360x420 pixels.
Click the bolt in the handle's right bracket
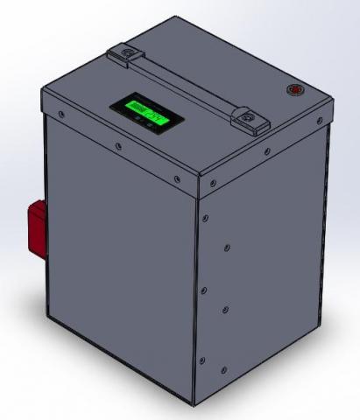(249, 116)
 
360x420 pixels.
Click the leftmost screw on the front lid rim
(60, 114)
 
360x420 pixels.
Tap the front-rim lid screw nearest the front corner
(178, 181)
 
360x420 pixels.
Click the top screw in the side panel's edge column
(205, 216)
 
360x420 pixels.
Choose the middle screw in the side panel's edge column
(204, 286)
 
